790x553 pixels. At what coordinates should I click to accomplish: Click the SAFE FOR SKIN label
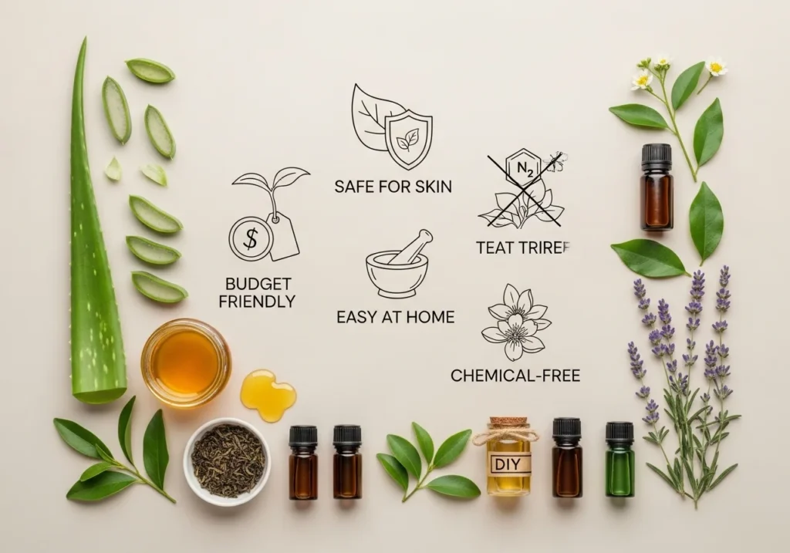tap(393, 186)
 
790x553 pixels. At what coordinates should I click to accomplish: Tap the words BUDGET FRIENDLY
tap(257, 292)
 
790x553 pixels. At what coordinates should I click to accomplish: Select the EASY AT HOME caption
tap(395, 316)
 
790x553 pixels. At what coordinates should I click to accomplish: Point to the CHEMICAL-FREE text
tap(515, 376)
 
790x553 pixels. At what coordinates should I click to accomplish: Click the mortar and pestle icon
tap(397, 267)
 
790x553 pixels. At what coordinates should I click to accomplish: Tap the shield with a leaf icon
tap(409, 139)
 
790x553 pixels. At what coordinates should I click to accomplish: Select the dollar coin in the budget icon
tap(251, 238)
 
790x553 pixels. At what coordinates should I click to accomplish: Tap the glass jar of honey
tap(186, 362)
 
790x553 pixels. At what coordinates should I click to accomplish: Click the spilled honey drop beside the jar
tap(267, 394)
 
